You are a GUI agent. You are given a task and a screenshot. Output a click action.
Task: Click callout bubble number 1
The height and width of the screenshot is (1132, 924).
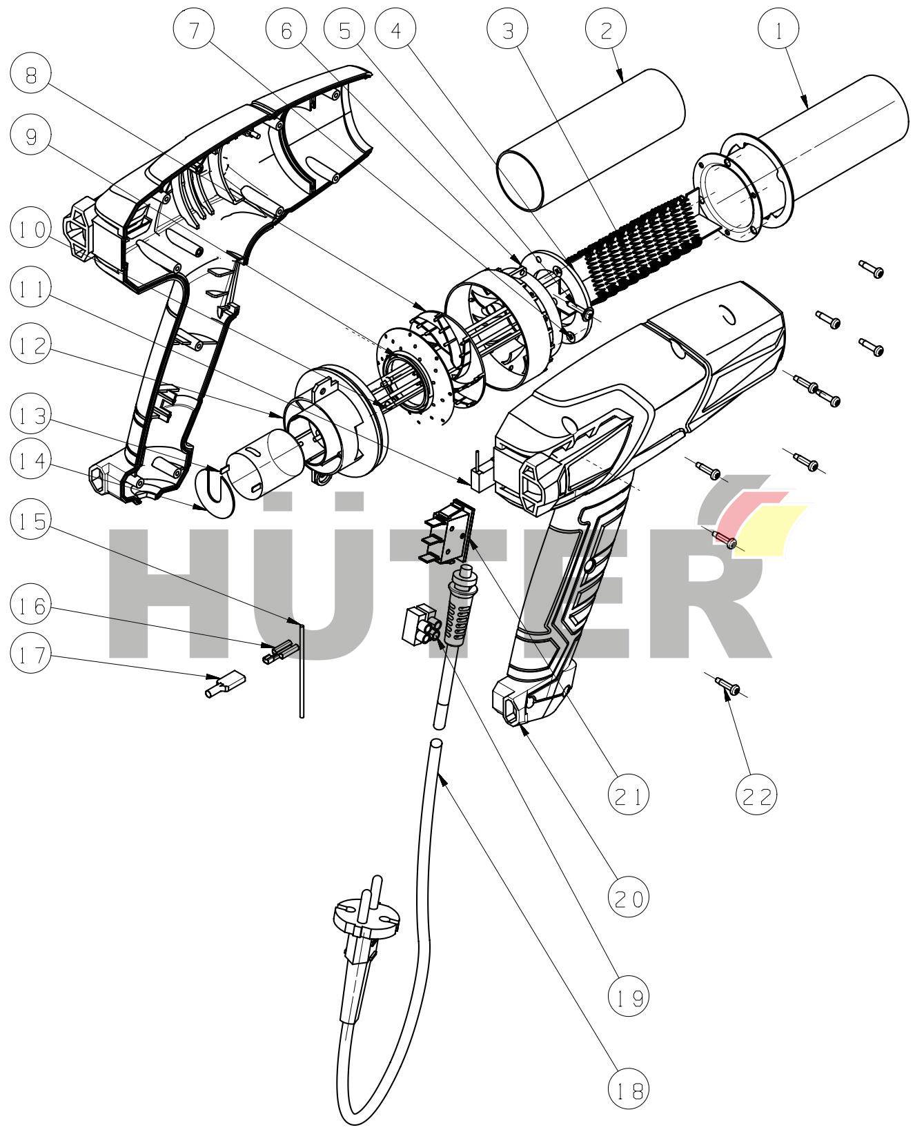tap(779, 30)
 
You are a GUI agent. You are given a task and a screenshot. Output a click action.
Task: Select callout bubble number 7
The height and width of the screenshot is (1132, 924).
tap(193, 30)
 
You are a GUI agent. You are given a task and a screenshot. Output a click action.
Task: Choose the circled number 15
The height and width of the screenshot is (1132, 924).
tap(32, 521)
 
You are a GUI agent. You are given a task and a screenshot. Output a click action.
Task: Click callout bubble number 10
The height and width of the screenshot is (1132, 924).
tap(32, 230)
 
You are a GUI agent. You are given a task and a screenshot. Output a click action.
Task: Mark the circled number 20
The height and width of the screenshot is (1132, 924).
tap(628, 898)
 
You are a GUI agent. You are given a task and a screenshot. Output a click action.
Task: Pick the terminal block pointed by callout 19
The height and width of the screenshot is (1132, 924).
tap(421, 624)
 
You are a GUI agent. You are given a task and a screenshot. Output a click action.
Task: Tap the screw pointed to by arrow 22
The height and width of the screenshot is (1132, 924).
tap(729, 688)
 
